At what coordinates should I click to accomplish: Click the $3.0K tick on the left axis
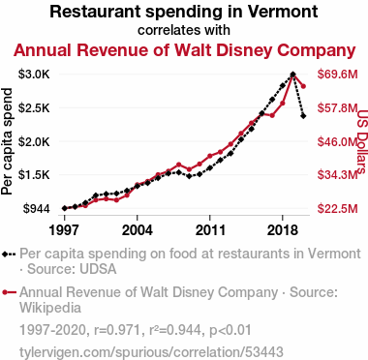(x=34, y=75)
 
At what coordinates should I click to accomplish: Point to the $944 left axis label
(x=36, y=209)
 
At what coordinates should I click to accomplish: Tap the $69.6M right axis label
(x=338, y=75)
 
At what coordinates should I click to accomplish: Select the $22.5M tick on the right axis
(x=338, y=209)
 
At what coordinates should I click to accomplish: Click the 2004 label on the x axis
(x=138, y=230)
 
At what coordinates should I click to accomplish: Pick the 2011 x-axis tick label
(x=210, y=230)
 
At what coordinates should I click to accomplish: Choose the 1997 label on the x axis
(x=65, y=230)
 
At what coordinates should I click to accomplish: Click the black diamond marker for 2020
(x=303, y=116)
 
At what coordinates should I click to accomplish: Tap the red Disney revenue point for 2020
(x=303, y=86)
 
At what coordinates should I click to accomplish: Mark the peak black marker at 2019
(x=292, y=75)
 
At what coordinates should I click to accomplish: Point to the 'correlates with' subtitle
(x=184, y=30)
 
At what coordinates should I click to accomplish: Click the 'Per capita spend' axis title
(x=7, y=141)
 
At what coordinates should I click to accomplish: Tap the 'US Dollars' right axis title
(x=363, y=141)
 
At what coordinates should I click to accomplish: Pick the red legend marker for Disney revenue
(x=5, y=292)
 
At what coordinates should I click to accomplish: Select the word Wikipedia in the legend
(x=50, y=308)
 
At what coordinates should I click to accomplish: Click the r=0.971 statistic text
(x=117, y=330)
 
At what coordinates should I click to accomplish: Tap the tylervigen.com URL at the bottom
(x=151, y=351)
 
